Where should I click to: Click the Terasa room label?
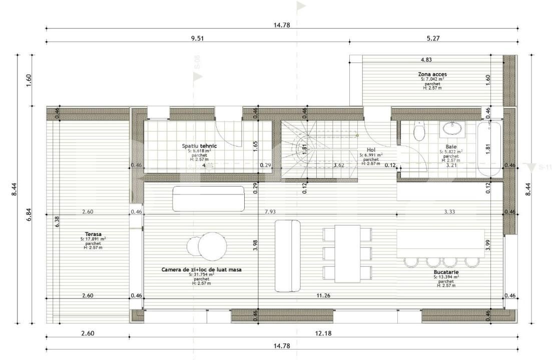point(93,234)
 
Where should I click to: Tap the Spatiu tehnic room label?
point(196,146)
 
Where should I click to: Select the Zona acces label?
point(429,74)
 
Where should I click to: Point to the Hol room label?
point(371,149)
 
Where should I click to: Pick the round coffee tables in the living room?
point(206,245)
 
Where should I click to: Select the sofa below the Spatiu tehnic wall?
point(208,198)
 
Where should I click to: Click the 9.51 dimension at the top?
point(198,37)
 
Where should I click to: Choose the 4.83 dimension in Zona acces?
point(426,59)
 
